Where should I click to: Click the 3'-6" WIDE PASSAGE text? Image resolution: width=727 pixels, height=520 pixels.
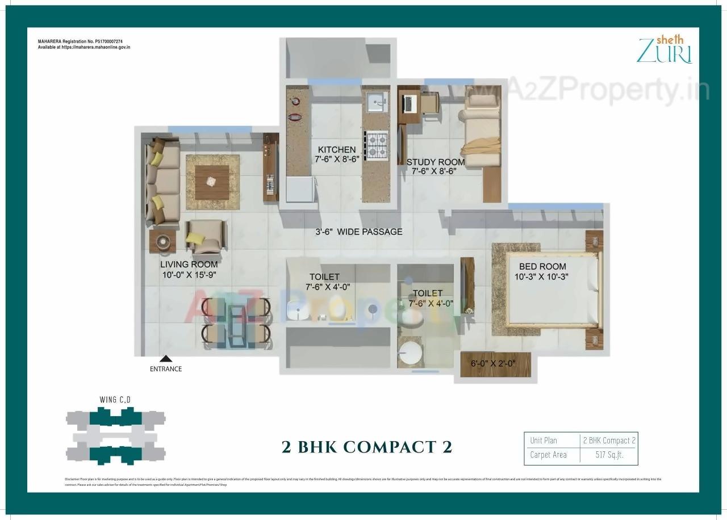click(x=359, y=232)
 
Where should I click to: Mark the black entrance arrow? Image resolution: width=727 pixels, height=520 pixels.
click(x=166, y=358)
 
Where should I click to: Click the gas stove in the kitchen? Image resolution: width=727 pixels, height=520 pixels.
click(x=376, y=144)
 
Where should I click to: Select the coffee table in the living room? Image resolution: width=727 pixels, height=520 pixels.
click(x=211, y=181)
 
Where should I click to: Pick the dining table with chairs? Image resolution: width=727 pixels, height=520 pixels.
click(x=236, y=321)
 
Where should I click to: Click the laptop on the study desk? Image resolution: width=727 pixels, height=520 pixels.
click(x=408, y=103)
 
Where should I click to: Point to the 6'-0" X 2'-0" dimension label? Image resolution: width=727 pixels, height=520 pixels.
click(x=492, y=364)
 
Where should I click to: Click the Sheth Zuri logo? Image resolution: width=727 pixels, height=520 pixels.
click(x=665, y=50)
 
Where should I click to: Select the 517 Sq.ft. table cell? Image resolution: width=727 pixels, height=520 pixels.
click(x=608, y=455)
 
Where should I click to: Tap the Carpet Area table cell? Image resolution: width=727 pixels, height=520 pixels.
click(x=548, y=455)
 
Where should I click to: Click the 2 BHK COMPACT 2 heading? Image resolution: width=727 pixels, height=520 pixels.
click(x=367, y=447)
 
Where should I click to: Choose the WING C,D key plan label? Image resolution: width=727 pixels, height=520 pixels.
click(x=115, y=400)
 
